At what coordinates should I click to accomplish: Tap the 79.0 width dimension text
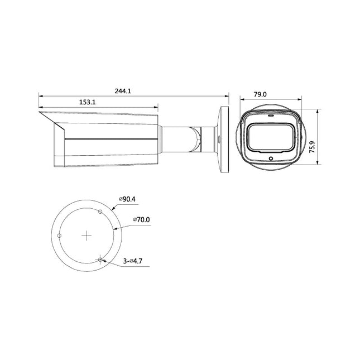coord(261,95)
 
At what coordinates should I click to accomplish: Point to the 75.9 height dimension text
coord(312,147)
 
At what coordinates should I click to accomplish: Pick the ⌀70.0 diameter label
coord(142,220)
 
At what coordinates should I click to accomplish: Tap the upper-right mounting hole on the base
coord(100,212)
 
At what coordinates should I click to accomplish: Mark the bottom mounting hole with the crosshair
coord(100,259)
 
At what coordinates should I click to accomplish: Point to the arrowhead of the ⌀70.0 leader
coord(114,228)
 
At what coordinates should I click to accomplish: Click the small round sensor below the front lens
coord(271,158)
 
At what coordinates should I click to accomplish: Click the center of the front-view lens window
coord(271,137)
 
